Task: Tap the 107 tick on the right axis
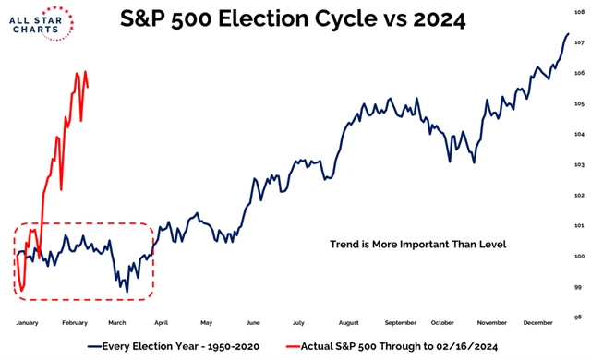pyautogui.click(x=579, y=42)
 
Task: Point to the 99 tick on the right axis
pyautogui.click(x=579, y=287)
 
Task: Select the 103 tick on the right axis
pyautogui.click(x=579, y=165)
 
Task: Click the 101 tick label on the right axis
pyautogui.click(x=579, y=226)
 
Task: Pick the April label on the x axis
pyautogui.click(x=163, y=324)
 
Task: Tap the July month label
pyautogui.click(x=298, y=324)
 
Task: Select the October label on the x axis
pyautogui.click(x=442, y=324)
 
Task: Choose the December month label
pyautogui.click(x=537, y=324)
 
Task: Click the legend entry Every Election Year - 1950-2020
pyautogui.click(x=171, y=346)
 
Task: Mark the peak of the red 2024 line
pyautogui.click(x=85, y=72)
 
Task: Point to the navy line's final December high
pyautogui.click(x=567, y=34)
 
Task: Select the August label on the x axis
pyautogui.click(x=349, y=324)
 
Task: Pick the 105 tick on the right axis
pyautogui.click(x=579, y=104)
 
